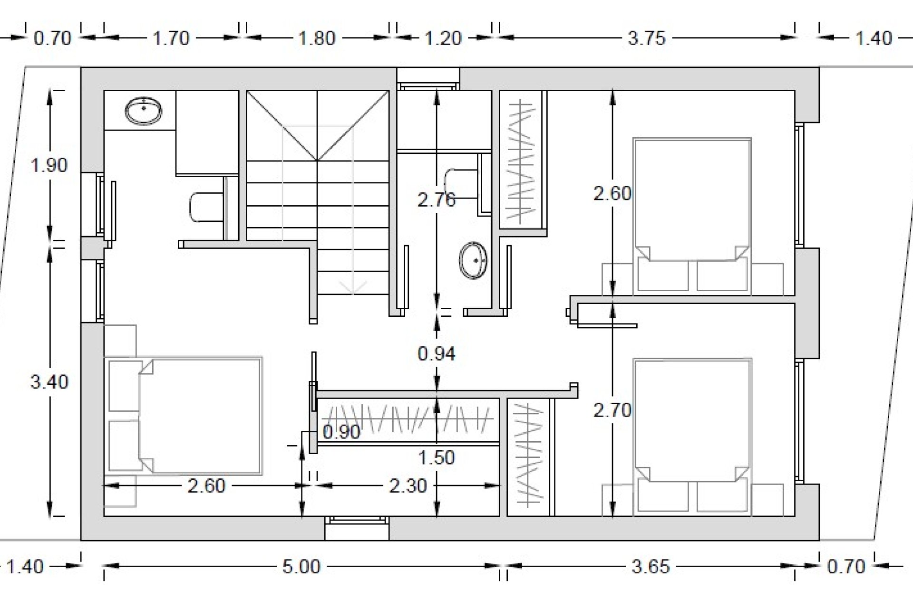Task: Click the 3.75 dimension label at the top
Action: point(646,38)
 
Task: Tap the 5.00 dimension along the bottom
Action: point(301,567)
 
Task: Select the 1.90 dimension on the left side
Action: point(49,165)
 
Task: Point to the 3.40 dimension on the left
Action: point(49,382)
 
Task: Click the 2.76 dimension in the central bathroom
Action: point(437,200)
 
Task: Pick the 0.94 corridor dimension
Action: point(437,353)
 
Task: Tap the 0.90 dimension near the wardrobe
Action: point(341,432)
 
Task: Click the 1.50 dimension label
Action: point(437,457)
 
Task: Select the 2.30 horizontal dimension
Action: point(408,486)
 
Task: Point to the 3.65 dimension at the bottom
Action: point(651,567)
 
